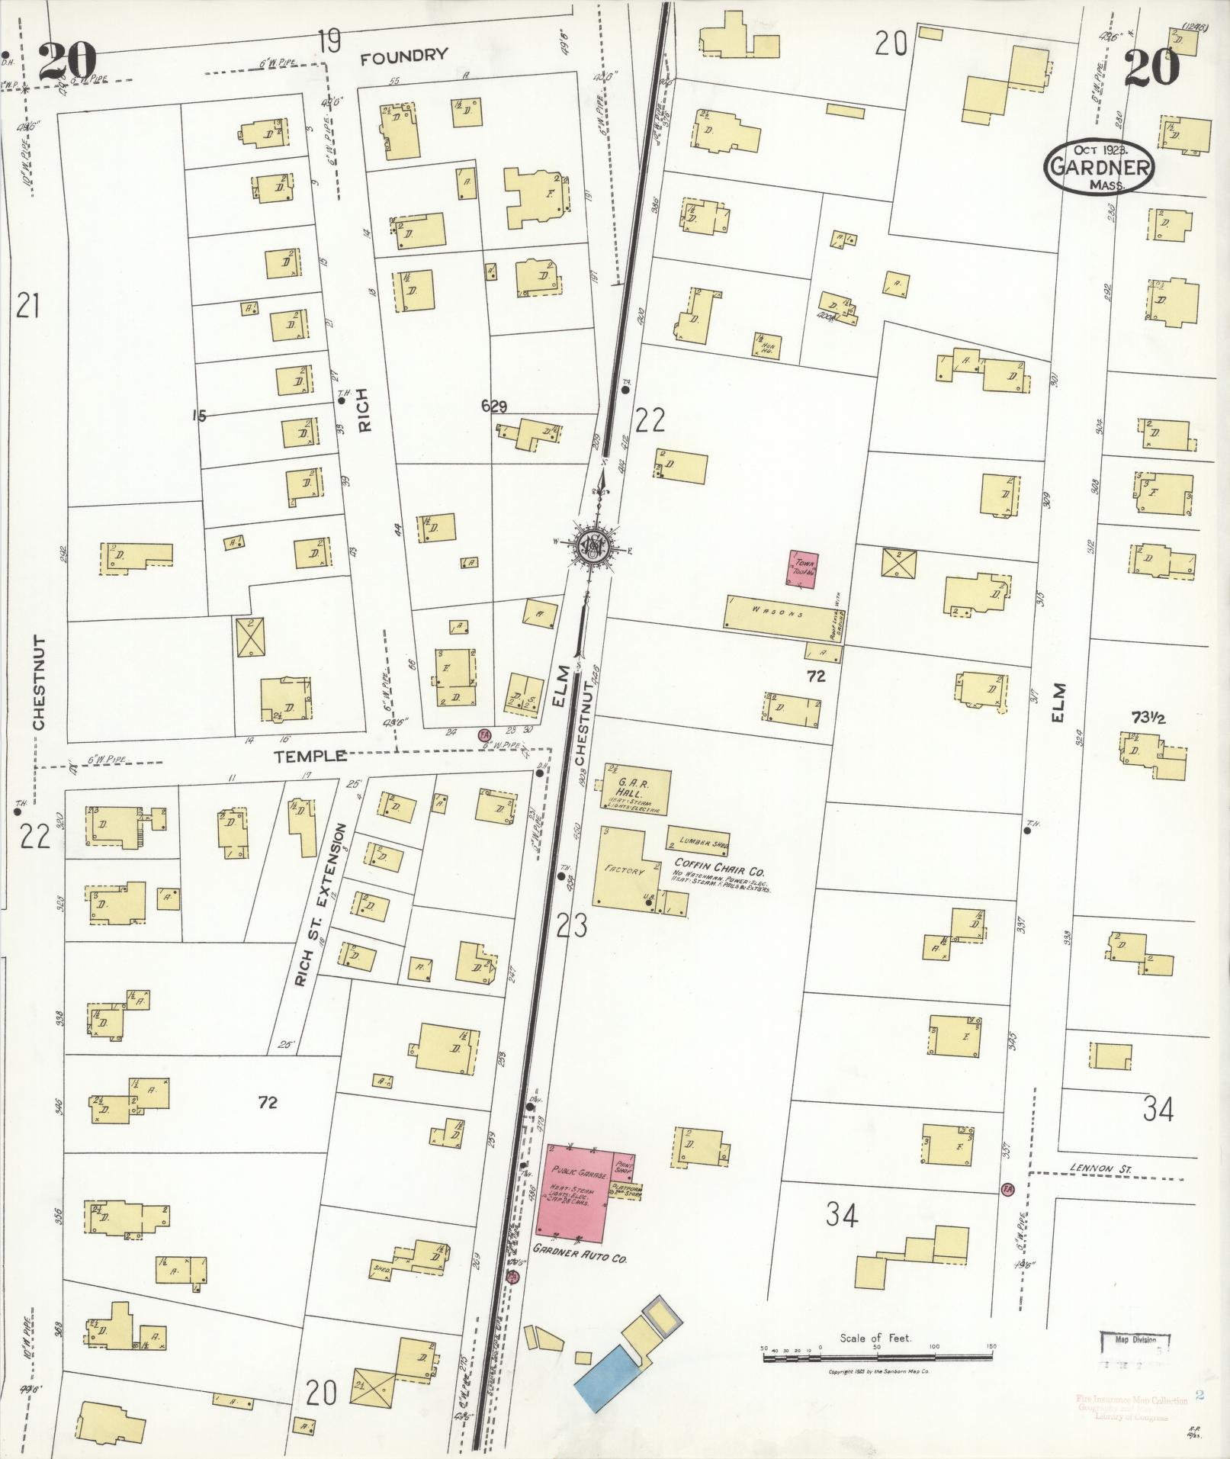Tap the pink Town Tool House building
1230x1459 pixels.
(801, 569)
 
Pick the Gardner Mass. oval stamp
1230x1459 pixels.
(1098, 166)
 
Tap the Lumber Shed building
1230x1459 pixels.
(698, 838)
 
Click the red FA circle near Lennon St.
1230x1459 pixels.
(1007, 1189)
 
